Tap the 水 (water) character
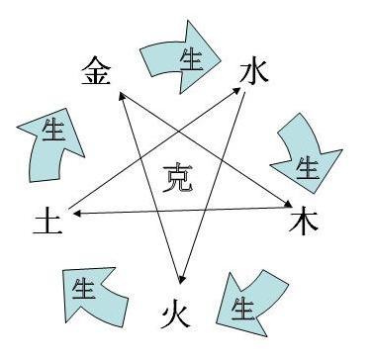tap(254, 71)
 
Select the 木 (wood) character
tap(302, 220)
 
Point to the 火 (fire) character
tap(176, 314)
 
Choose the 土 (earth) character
tap(47, 219)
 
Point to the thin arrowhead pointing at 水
tap(242, 90)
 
